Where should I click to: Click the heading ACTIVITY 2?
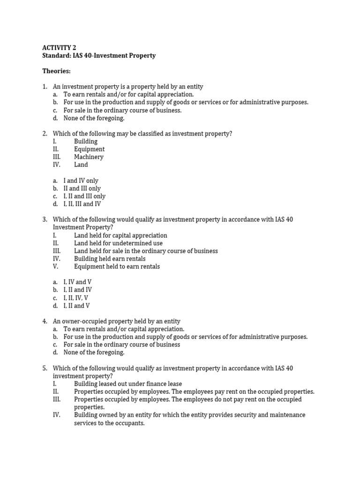pyautogui.click(x=59, y=48)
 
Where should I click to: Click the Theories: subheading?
pyautogui.click(x=56, y=71)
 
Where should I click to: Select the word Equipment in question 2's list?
pyautogui.click(x=89, y=149)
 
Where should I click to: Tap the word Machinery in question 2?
pyautogui.click(x=89, y=157)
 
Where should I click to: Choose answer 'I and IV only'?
pyautogui.click(x=81, y=180)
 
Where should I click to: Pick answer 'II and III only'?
pyautogui.click(x=82, y=188)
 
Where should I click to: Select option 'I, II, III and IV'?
pyautogui.click(x=82, y=204)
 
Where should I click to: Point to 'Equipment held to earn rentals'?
pyautogui.click(x=117, y=267)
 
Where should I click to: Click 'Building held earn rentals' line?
pyautogui.click(x=110, y=259)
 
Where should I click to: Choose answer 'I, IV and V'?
pyautogui.click(x=78, y=282)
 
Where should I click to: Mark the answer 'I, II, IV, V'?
pyautogui.click(x=76, y=298)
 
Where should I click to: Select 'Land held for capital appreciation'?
pyautogui.click(x=120, y=235)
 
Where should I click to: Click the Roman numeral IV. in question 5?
pyautogui.click(x=57, y=415)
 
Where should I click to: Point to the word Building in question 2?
pyautogui.click(x=86, y=142)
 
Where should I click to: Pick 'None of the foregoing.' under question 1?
pyautogui.click(x=94, y=118)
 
